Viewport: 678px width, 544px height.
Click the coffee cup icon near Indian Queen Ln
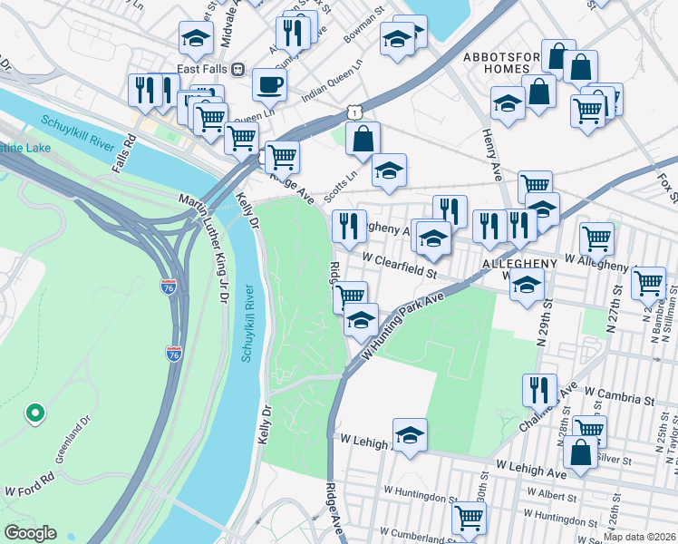point(269,86)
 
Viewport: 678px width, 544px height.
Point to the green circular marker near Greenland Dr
point(35,413)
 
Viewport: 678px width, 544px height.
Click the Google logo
point(30,533)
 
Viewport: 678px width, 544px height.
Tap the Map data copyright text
point(639,537)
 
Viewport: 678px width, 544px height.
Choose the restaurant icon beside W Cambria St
point(539,390)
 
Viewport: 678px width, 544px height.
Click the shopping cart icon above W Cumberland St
point(469,518)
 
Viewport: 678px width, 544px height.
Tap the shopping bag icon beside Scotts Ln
point(363,141)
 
